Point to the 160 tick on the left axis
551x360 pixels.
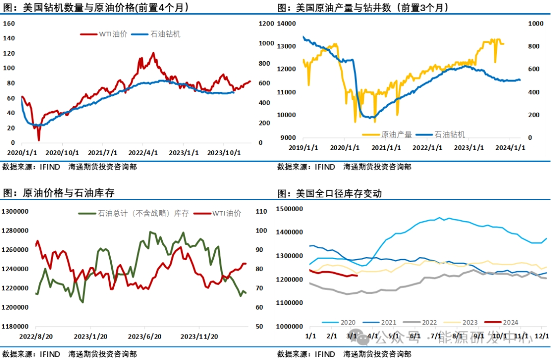(x=9, y=23)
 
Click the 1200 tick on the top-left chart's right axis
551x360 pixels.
(x=266, y=23)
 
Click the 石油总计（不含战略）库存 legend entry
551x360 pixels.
(x=143, y=213)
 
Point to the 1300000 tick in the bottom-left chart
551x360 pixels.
(x=15, y=211)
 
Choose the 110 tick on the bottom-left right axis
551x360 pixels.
(x=261, y=211)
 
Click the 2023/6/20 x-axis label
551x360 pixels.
(x=144, y=337)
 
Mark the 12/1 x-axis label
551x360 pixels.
(x=541, y=336)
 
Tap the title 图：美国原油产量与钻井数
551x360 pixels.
(x=363, y=8)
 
